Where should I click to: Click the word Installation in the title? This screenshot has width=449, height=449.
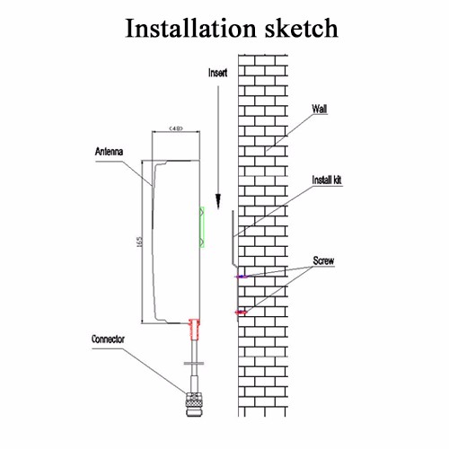190,28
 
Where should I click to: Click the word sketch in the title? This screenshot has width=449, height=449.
301,28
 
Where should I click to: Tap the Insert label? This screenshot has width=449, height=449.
217,73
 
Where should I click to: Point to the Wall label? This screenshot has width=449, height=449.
319,109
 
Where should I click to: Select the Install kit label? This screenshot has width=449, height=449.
327,180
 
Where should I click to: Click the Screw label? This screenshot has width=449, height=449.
323,260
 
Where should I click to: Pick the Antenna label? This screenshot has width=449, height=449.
109,152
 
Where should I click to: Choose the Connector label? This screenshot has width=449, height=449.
108,339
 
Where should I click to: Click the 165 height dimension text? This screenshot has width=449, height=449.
139,242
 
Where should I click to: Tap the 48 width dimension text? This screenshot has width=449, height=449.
176,128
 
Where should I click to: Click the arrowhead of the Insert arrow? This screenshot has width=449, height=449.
218,200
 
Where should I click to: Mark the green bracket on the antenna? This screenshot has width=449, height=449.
202,227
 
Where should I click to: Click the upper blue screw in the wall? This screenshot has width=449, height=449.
242,277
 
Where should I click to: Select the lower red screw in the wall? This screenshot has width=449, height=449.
242,313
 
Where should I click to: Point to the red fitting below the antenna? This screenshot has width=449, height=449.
194,330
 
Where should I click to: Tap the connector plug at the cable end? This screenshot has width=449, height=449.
194,404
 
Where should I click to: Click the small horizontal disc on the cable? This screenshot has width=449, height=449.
194,364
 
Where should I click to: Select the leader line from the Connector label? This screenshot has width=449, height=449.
139,371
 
